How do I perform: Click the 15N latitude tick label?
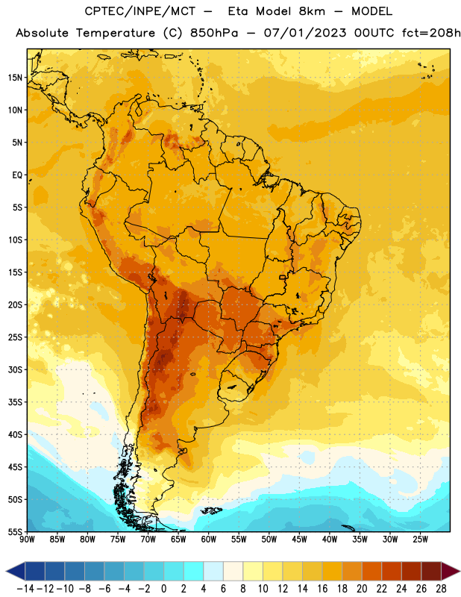tap(15, 78)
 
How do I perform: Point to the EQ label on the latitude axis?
tap(17, 175)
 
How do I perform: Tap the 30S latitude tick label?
tap(15, 369)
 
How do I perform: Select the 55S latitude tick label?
tap(15, 532)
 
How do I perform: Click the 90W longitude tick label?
tap(28, 540)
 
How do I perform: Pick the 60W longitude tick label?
tap(209, 540)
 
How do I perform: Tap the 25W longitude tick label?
tap(420, 540)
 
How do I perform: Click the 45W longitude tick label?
tap(299, 540)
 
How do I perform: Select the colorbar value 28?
tap(441, 589)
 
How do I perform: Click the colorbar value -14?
tap(25, 589)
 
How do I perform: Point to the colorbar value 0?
tap(163, 589)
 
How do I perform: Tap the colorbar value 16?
tap(322, 589)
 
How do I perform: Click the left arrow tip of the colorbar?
tap(7, 571)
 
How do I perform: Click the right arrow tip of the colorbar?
tap(460, 571)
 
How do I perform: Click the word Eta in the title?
tap(238, 11)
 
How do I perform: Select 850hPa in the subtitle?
tap(213, 33)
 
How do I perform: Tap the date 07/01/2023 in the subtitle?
tap(305, 33)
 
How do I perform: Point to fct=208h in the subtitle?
tap(431, 33)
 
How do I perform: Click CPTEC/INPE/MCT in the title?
tap(139, 11)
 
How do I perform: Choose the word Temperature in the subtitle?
tap(116, 34)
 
